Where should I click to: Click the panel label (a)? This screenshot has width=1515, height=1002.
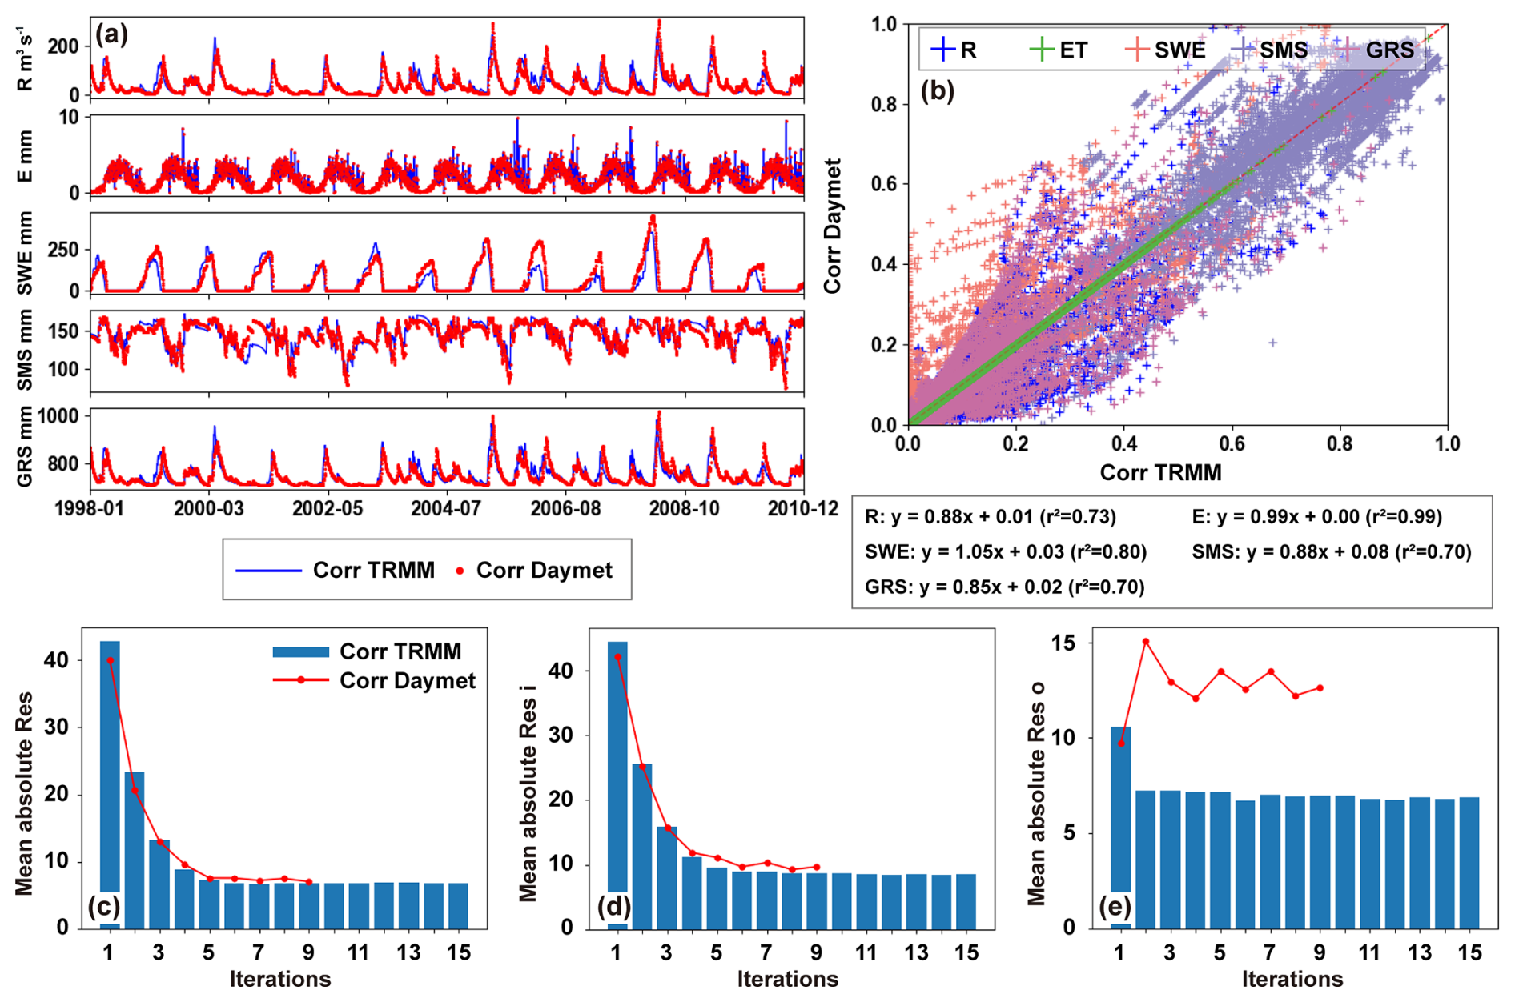click(111, 34)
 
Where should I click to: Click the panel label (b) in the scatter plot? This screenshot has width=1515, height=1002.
click(938, 91)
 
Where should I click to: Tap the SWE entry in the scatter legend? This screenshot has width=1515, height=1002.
click(1179, 50)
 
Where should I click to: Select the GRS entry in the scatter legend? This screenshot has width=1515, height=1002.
click(1388, 50)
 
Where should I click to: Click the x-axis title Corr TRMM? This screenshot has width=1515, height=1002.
click(1160, 472)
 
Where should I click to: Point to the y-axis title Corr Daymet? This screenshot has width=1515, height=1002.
click(833, 226)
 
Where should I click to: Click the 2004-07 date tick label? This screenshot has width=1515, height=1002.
click(445, 508)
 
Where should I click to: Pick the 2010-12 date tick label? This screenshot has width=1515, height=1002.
click(802, 508)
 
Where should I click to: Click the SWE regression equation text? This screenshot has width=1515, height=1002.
click(1006, 551)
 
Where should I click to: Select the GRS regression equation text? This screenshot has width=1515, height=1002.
click(1004, 587)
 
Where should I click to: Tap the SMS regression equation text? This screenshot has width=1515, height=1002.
click(1331, 551)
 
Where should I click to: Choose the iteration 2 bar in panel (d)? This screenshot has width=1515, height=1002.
click(642, 845)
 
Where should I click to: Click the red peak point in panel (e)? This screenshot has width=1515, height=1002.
click(1146, 641)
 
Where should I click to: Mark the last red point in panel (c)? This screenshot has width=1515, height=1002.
click(309, 882)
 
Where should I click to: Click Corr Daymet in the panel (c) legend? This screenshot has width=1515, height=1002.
click(407, 680)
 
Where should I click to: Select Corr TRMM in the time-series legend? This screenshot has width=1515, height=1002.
click(373, 570)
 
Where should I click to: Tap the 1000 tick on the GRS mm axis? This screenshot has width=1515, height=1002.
click(59, 416)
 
